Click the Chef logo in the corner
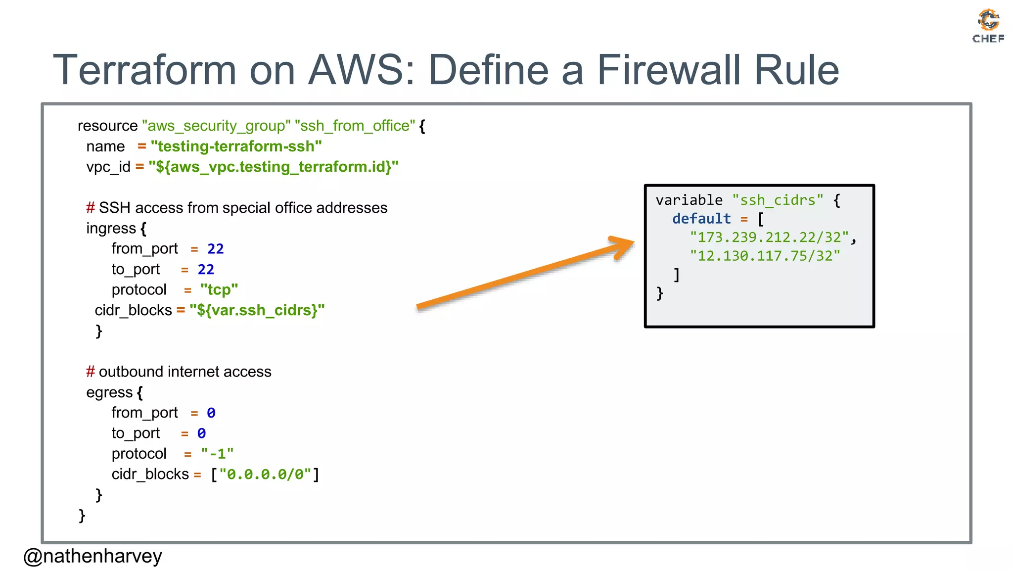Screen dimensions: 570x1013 click(x=988, y=26)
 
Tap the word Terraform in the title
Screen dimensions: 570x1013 click(x=144, y=70)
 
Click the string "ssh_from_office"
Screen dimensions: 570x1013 click(x=355, y=126)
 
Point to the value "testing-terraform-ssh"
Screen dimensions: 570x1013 click(x=236, y=146)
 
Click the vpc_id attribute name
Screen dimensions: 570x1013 click(x=108, y=167)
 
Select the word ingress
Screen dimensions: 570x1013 click(x=111, y=228)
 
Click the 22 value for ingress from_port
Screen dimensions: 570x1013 click(x=215, y=249)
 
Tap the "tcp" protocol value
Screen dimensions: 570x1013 click(x=219, y=289)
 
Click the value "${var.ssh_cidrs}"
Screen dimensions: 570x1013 click(x=257, y=310)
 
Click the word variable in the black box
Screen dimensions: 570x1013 click(x=689, y=200)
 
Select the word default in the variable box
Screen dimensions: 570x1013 click(x=701, y=219)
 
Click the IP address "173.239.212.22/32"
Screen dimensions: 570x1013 click(x=769, y=237)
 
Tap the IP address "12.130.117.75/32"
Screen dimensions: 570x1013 click(x=765, y=256)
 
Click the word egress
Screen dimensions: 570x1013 click(x=109, y=392)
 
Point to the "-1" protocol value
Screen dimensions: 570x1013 click(x=217, y=454)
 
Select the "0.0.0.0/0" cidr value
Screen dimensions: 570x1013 click(x=265, y=475)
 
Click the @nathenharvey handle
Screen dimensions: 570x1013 click(x=92, y=556)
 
